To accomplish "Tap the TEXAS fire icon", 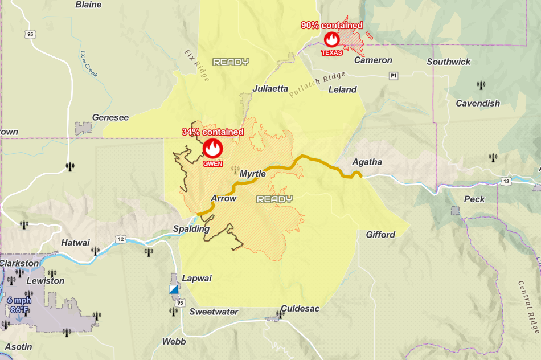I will coord(332,39).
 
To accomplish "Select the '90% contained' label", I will coord(332,25).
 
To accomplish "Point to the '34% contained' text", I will coord(212,132).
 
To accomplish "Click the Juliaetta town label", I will coord(270,89).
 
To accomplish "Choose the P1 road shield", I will coord(393,76).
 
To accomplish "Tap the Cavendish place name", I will coord(478,103).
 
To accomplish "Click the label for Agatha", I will coord(367,162).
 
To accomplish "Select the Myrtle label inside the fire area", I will coord(253,173).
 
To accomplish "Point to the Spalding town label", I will coord(191,228).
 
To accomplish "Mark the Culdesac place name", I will coord(300,308).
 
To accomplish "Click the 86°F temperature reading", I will coord(19,310).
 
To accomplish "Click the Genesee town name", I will coord(110,117).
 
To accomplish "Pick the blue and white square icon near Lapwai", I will coord(174,289).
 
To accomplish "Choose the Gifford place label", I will coord(380,234).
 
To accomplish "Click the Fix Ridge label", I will coord(196,65).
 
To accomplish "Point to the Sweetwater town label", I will coord(214,312).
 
